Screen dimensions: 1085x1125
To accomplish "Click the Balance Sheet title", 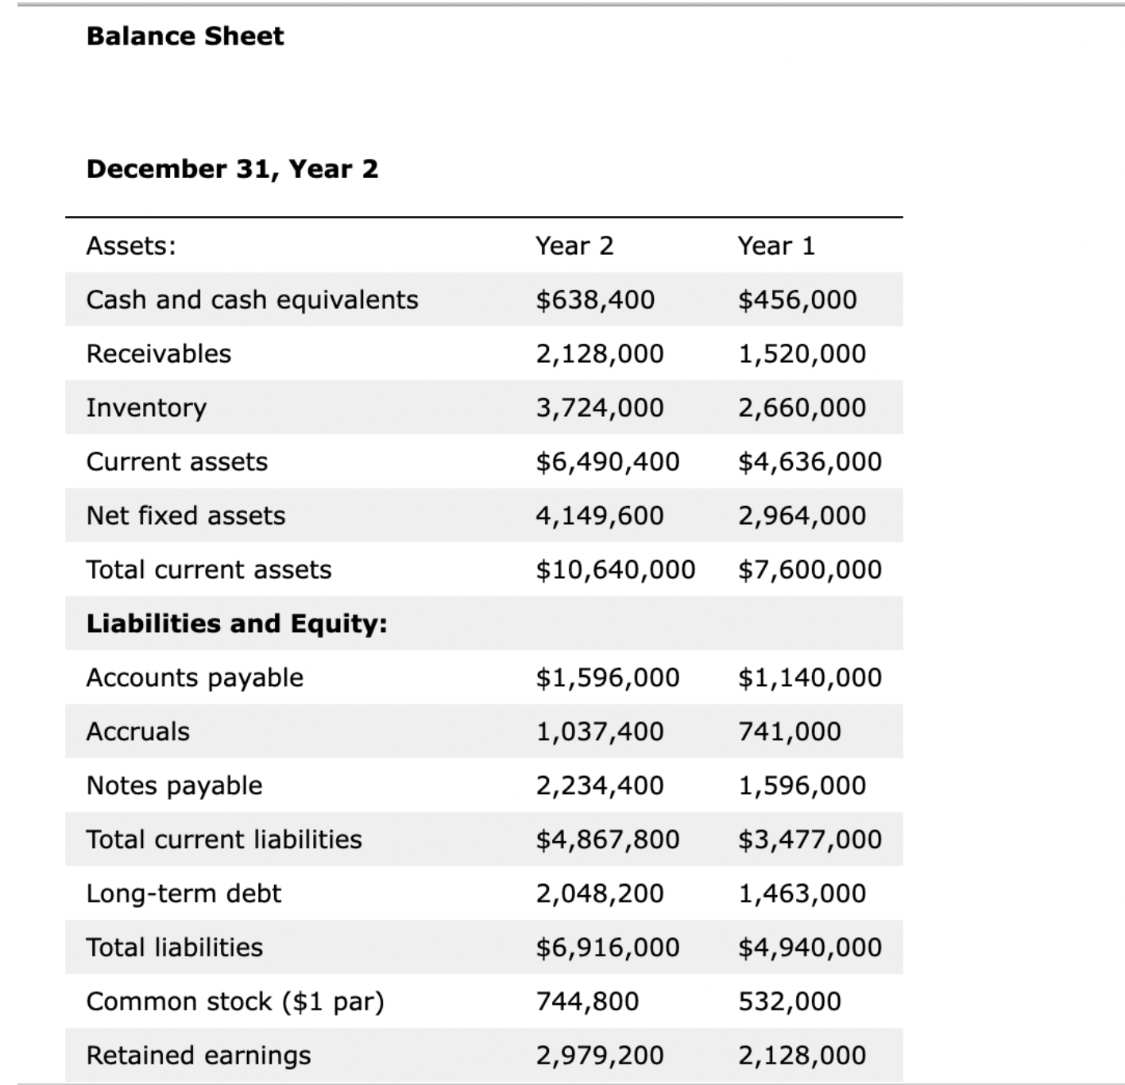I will click(184, 36).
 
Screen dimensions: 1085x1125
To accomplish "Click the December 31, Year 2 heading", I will click(232, 168).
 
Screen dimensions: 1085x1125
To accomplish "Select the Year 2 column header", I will click(574, 245).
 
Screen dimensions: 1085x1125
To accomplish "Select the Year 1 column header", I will click(776, 245).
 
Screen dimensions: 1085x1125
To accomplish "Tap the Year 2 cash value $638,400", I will click(595, 299).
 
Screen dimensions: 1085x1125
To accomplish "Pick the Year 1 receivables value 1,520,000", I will click(802, 353).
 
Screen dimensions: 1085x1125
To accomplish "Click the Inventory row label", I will click(146, 407).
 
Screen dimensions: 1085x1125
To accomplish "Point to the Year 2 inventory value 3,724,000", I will click(600, 407).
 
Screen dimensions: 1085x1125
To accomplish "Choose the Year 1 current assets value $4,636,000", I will click(810, 461).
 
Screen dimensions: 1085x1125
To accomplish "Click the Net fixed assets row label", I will click(185, 515).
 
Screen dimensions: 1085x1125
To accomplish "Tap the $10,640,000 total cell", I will click(616, 570).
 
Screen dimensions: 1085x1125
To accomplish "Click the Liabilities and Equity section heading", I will click(237, 624).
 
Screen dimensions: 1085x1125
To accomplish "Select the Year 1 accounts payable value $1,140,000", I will click(810, 678).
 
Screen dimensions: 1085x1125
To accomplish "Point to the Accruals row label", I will click(138, 732).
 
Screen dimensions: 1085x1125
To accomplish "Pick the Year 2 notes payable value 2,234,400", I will click(600, 786).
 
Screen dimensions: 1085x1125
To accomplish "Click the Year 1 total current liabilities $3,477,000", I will click(810, 840).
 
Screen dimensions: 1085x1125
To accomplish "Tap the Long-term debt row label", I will click(184, 894).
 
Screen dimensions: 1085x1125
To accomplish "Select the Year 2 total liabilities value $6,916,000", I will click(608, 948).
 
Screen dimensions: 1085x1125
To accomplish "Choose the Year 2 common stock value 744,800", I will click(587, 1002).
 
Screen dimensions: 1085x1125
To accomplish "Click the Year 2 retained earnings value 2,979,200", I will click(600, 1056).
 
